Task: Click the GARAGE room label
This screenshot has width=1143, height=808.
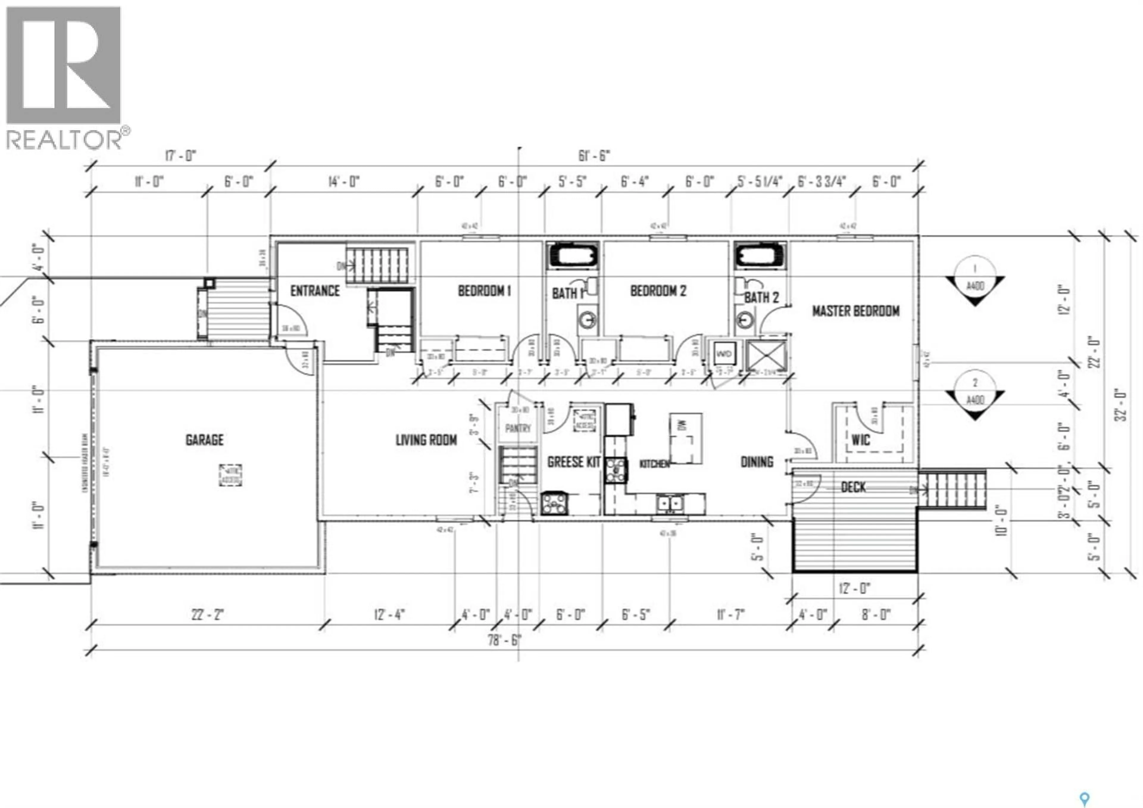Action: point(204,440)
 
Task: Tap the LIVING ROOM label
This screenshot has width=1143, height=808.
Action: point(426,440)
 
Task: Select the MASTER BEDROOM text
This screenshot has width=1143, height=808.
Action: point(856,311)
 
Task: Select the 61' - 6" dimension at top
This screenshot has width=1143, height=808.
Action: point(594,156)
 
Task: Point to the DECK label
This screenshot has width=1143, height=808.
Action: point(853,487)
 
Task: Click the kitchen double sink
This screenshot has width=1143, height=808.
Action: point(669,504)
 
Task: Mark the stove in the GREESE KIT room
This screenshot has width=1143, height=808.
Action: point(554,503)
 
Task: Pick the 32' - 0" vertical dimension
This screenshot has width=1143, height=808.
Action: point(1120,405)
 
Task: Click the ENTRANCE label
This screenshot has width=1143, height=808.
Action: point(315,291)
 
